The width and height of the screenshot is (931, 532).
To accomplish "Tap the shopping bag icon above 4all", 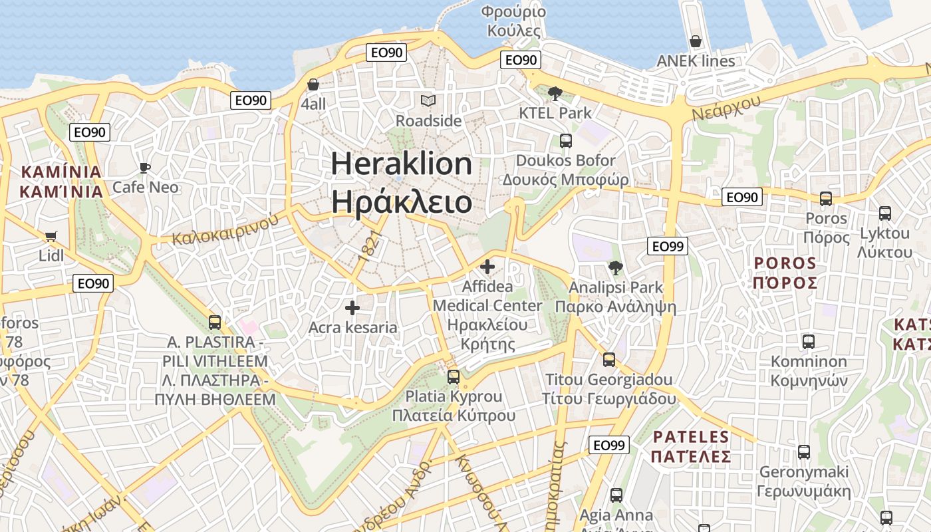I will tap(313, 84).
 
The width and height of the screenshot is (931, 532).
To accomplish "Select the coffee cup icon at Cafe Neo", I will tap(144, 168).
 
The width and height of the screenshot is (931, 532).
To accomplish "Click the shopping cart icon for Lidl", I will tap(51, 236).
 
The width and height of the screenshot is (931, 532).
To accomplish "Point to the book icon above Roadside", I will tap(428, 100).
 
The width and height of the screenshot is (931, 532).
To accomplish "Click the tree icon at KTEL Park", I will tap(555, 94).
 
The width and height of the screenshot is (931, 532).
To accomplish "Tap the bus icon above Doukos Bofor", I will tap(565, 141).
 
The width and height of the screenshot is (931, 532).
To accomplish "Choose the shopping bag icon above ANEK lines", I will tap(696, 41).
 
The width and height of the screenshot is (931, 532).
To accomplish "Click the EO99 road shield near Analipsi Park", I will tap(667, 246).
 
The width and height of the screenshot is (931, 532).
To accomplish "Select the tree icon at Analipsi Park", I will tap(616, 268).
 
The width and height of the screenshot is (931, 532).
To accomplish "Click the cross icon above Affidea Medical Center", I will tap(487, 267).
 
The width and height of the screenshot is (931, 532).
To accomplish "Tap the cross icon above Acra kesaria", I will tap(352, 308).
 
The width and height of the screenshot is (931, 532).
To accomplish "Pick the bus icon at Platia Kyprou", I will tap(454, 376).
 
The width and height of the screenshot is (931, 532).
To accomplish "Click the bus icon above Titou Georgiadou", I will tap(608, 360).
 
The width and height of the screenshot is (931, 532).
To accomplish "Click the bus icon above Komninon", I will tap(809, 342).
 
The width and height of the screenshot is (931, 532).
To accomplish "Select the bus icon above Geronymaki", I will tap(804, 452).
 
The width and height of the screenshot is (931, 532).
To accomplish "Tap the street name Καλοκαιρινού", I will tap(225, 229).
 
